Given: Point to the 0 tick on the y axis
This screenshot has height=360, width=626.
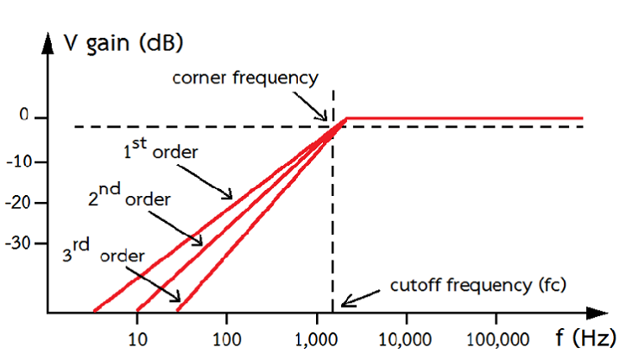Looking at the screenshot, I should click(x=25, y=117).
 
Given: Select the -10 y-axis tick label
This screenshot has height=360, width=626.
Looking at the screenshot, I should click(x=21, y=161).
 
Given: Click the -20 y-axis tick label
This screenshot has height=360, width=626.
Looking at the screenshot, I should click(x=21, y=203).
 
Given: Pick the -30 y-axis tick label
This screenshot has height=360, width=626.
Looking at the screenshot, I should click(x=21, y=244).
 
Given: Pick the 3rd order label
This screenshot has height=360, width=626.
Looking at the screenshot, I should click(x=103, y=254).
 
